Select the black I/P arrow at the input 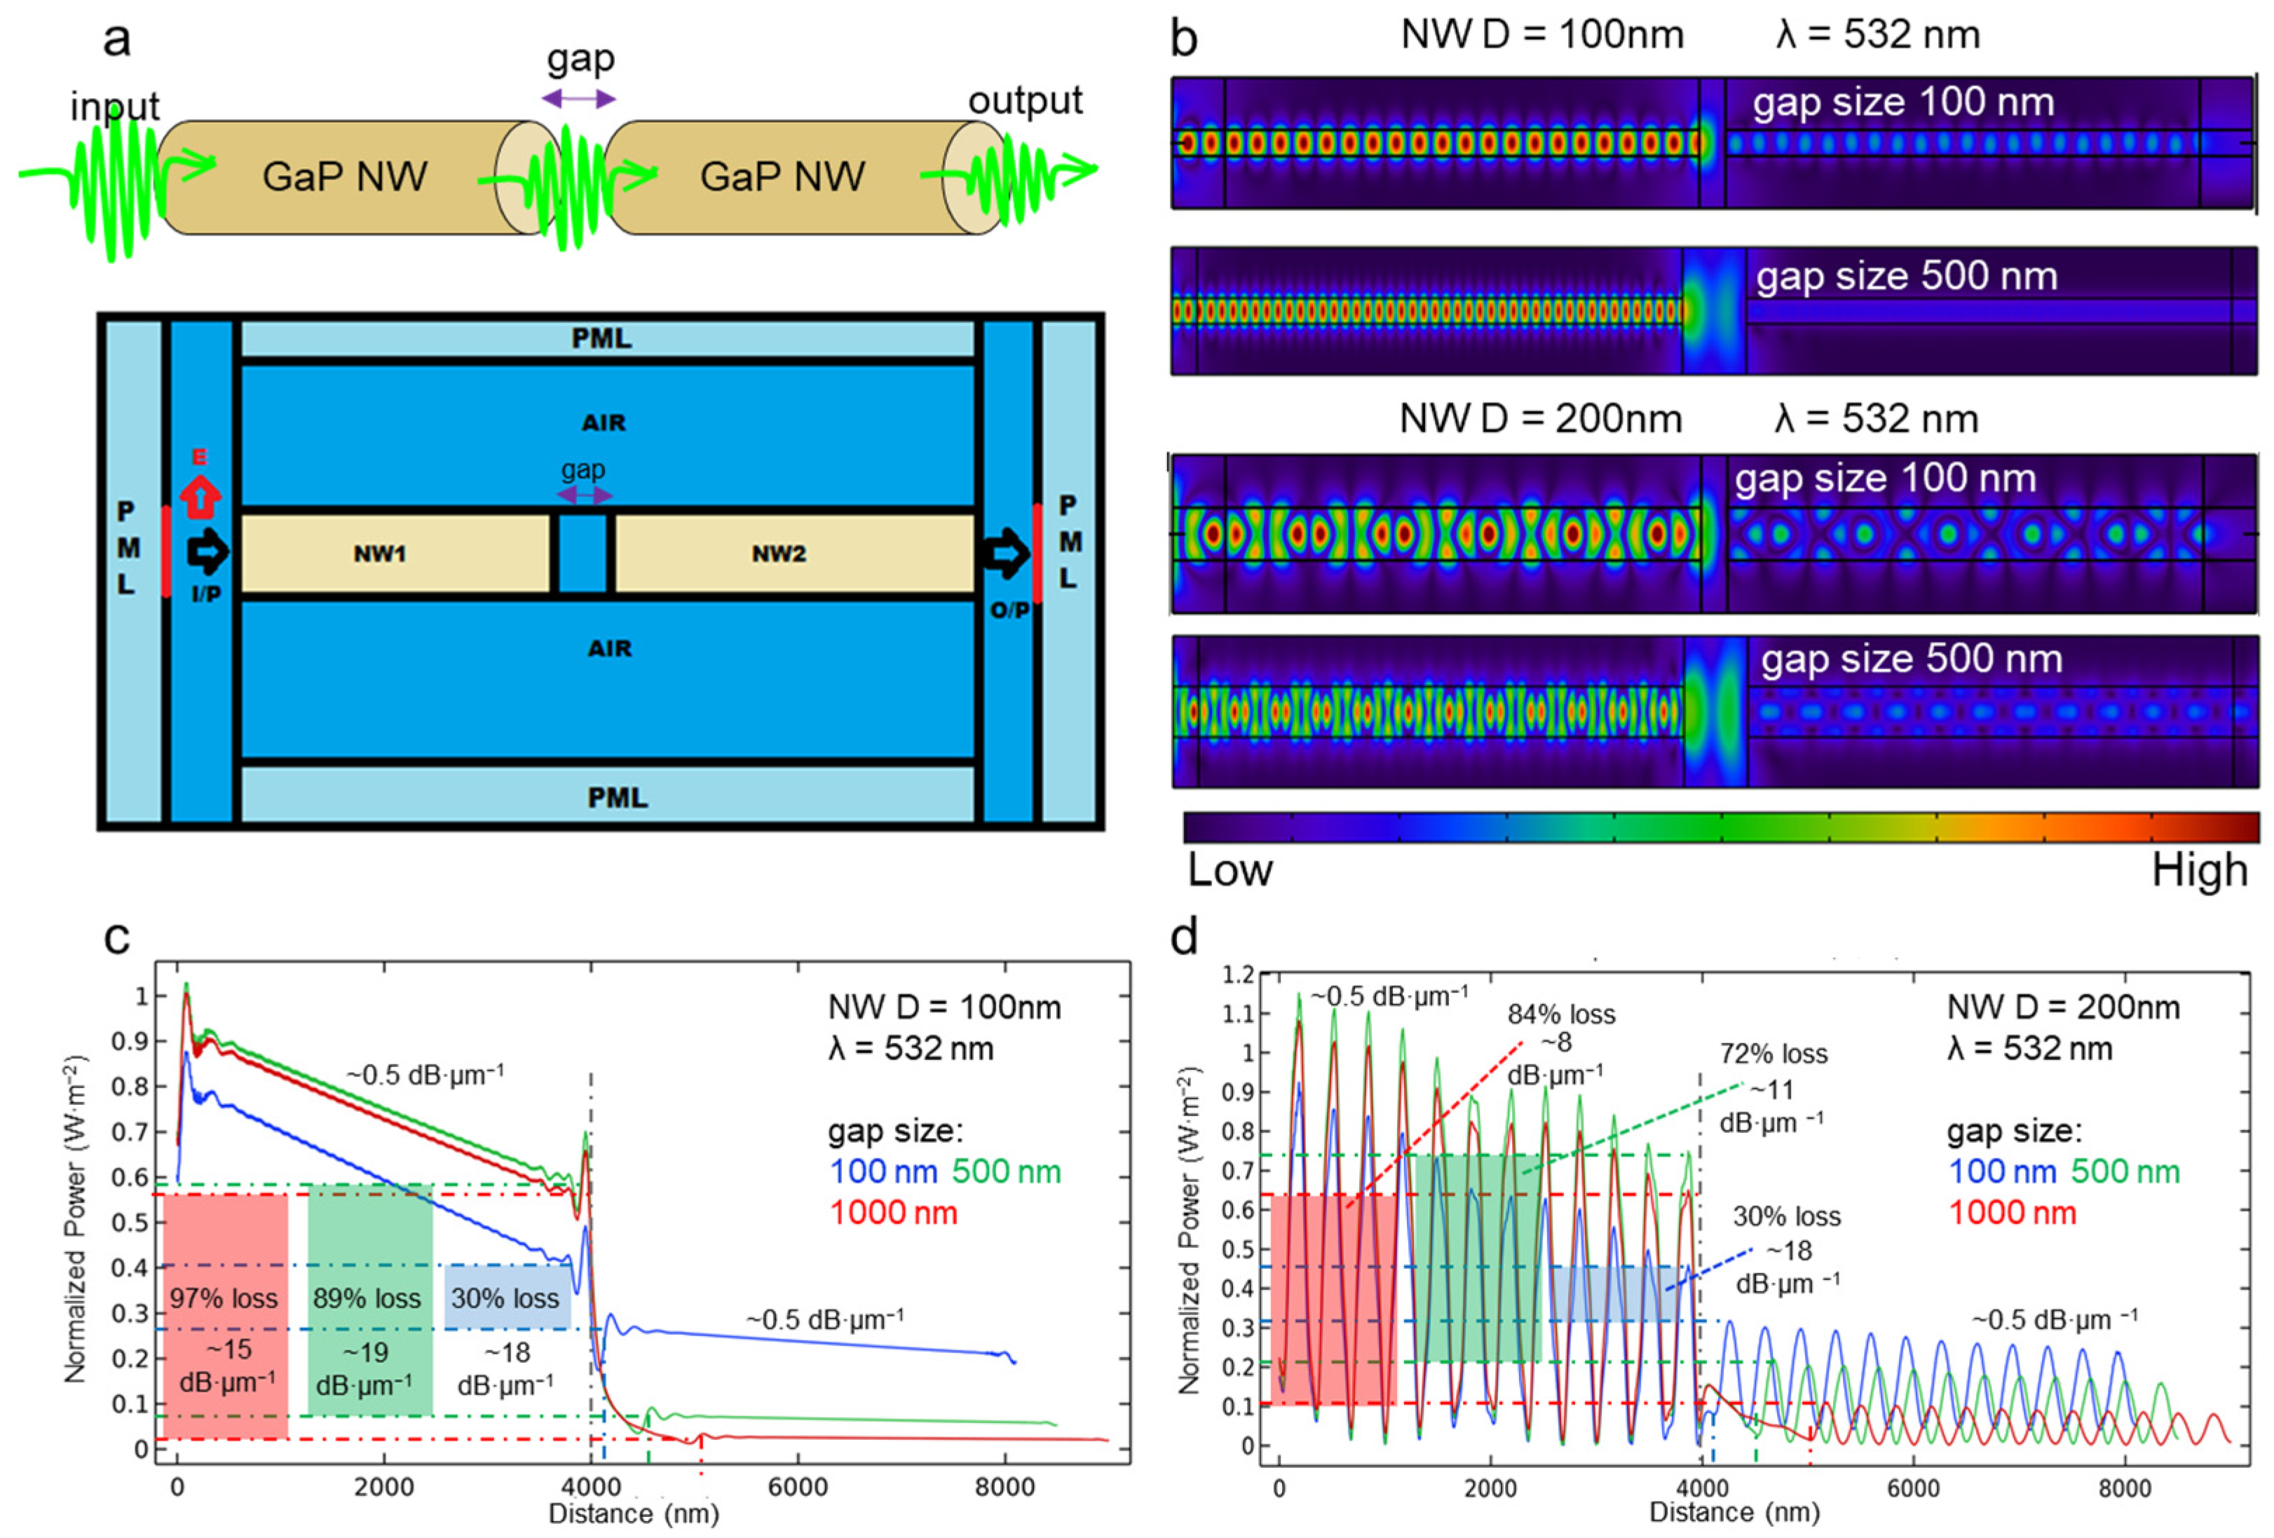[207, 553]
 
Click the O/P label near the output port [1009, 610]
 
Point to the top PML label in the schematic [601, 338]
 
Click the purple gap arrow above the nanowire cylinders [579, 99]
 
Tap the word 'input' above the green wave [114, 106]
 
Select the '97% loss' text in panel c [224, 1298]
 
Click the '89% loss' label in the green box [367, 1298]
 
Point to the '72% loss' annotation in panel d [1773, 1054]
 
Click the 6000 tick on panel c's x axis [798, 1487]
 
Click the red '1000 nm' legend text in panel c [893, 1213]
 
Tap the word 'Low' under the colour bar [1230, 870]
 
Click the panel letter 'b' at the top [1184, 39]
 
